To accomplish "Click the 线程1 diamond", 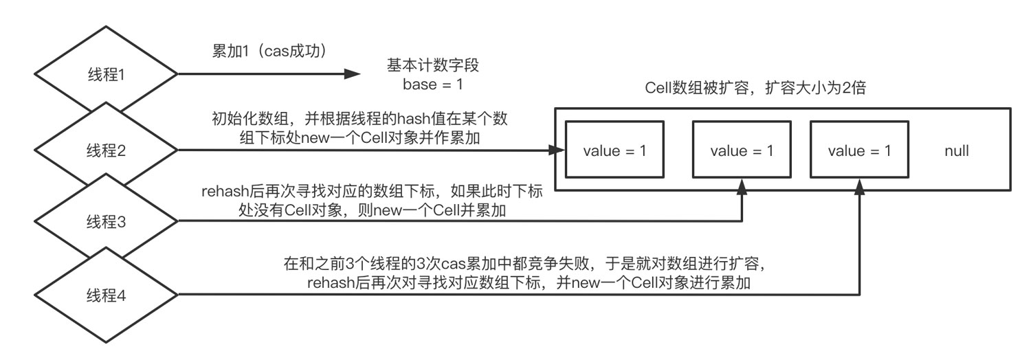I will (107, 74).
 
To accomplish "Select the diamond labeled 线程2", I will (107, 150).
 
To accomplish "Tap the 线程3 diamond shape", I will (107, 222).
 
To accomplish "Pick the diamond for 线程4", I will (107, 296).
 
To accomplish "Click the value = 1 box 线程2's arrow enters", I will (614, 150).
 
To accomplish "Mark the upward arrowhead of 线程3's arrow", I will (742, 185).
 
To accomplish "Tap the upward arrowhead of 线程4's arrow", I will (859, 185).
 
